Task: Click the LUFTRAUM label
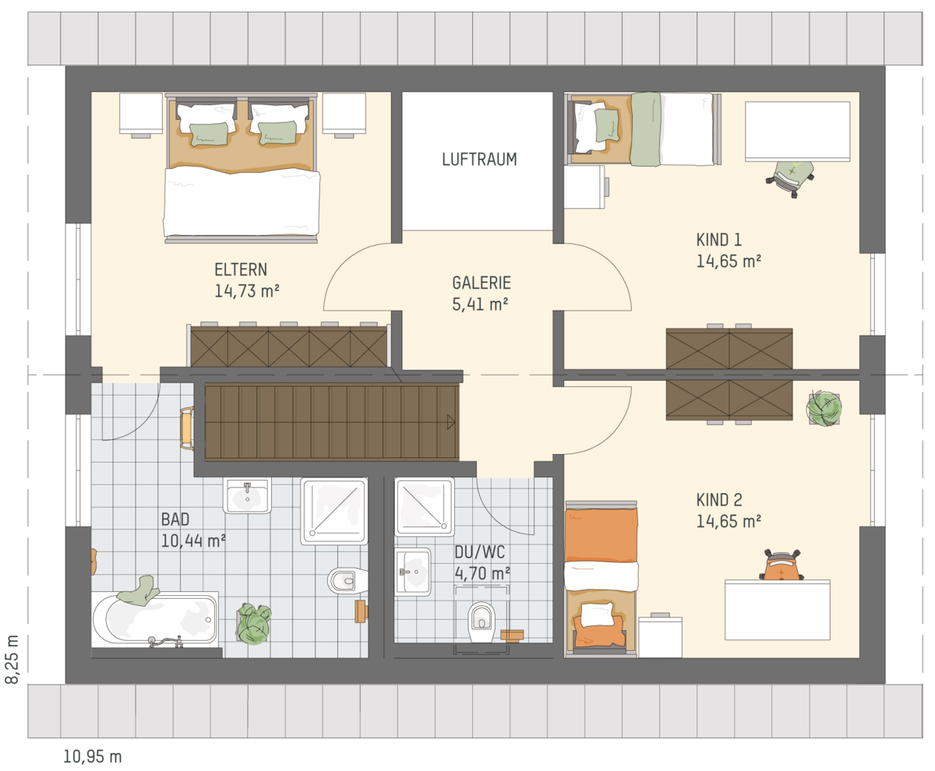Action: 479,160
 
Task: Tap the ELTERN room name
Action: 241,269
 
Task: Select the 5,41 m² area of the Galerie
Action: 480,305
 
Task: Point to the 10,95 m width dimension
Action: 92,756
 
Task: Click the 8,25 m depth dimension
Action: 12,659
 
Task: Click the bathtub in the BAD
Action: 155,619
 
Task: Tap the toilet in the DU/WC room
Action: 482,621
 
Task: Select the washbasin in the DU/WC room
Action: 412,572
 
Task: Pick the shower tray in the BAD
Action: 334,512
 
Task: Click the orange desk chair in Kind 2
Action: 781,565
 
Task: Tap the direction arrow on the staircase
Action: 451,422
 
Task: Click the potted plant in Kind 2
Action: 824,408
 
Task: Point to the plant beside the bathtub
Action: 254,624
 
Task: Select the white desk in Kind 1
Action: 798,131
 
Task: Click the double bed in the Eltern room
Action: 242,168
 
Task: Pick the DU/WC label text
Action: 480,552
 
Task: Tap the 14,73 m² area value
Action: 247,291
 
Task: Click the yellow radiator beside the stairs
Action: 187,428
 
